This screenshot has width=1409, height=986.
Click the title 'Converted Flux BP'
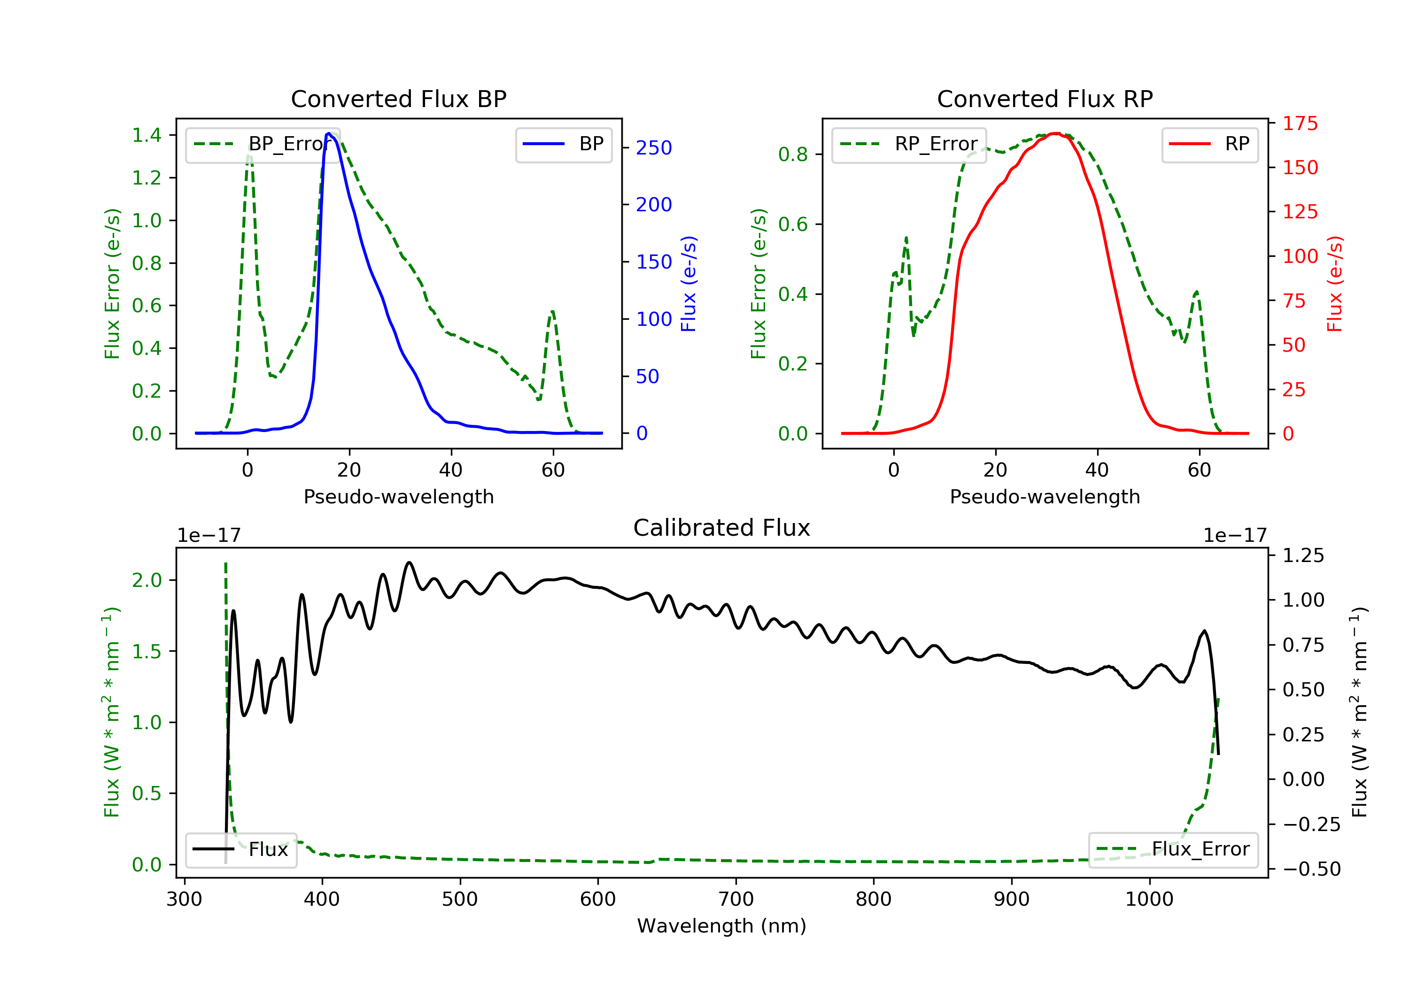[398, 99]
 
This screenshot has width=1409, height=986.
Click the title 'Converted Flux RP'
[1045, 99]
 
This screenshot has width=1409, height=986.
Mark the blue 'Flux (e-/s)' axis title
[689, 284]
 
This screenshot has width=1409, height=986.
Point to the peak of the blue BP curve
[329, 133]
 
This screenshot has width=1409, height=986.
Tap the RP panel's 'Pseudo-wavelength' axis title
[1045, 496]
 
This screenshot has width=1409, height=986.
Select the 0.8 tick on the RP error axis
[793, 154]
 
